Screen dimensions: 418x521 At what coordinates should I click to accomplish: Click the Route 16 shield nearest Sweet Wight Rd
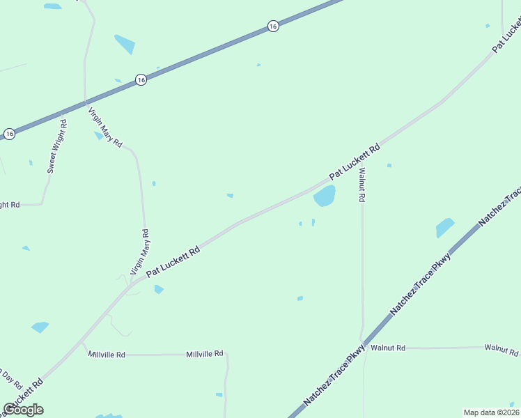pos(9,133)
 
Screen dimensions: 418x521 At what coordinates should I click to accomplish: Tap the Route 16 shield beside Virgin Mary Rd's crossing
pos(141,79)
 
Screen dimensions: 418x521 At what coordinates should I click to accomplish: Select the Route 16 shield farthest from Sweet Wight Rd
pos(272,26)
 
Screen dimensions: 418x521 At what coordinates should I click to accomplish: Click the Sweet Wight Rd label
pos(56,146)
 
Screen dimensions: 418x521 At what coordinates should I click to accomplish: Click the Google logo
pos(23,410)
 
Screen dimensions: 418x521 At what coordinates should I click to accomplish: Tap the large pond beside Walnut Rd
pos(325,196)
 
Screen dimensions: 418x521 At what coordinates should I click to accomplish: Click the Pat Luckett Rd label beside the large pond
pos(355,160)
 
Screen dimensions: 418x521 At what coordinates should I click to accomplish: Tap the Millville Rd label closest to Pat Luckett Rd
pos(107,355)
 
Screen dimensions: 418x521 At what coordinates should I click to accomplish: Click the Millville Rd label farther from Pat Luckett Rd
pos(204,354)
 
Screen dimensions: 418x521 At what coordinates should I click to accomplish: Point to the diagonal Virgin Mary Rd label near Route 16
pos(105,126)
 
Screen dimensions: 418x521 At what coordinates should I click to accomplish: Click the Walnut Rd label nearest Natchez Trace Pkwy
pos(388,348)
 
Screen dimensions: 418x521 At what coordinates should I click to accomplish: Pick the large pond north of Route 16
pos(125,44)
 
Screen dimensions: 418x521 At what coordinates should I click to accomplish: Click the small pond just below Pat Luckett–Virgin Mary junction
pos(159,289)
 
